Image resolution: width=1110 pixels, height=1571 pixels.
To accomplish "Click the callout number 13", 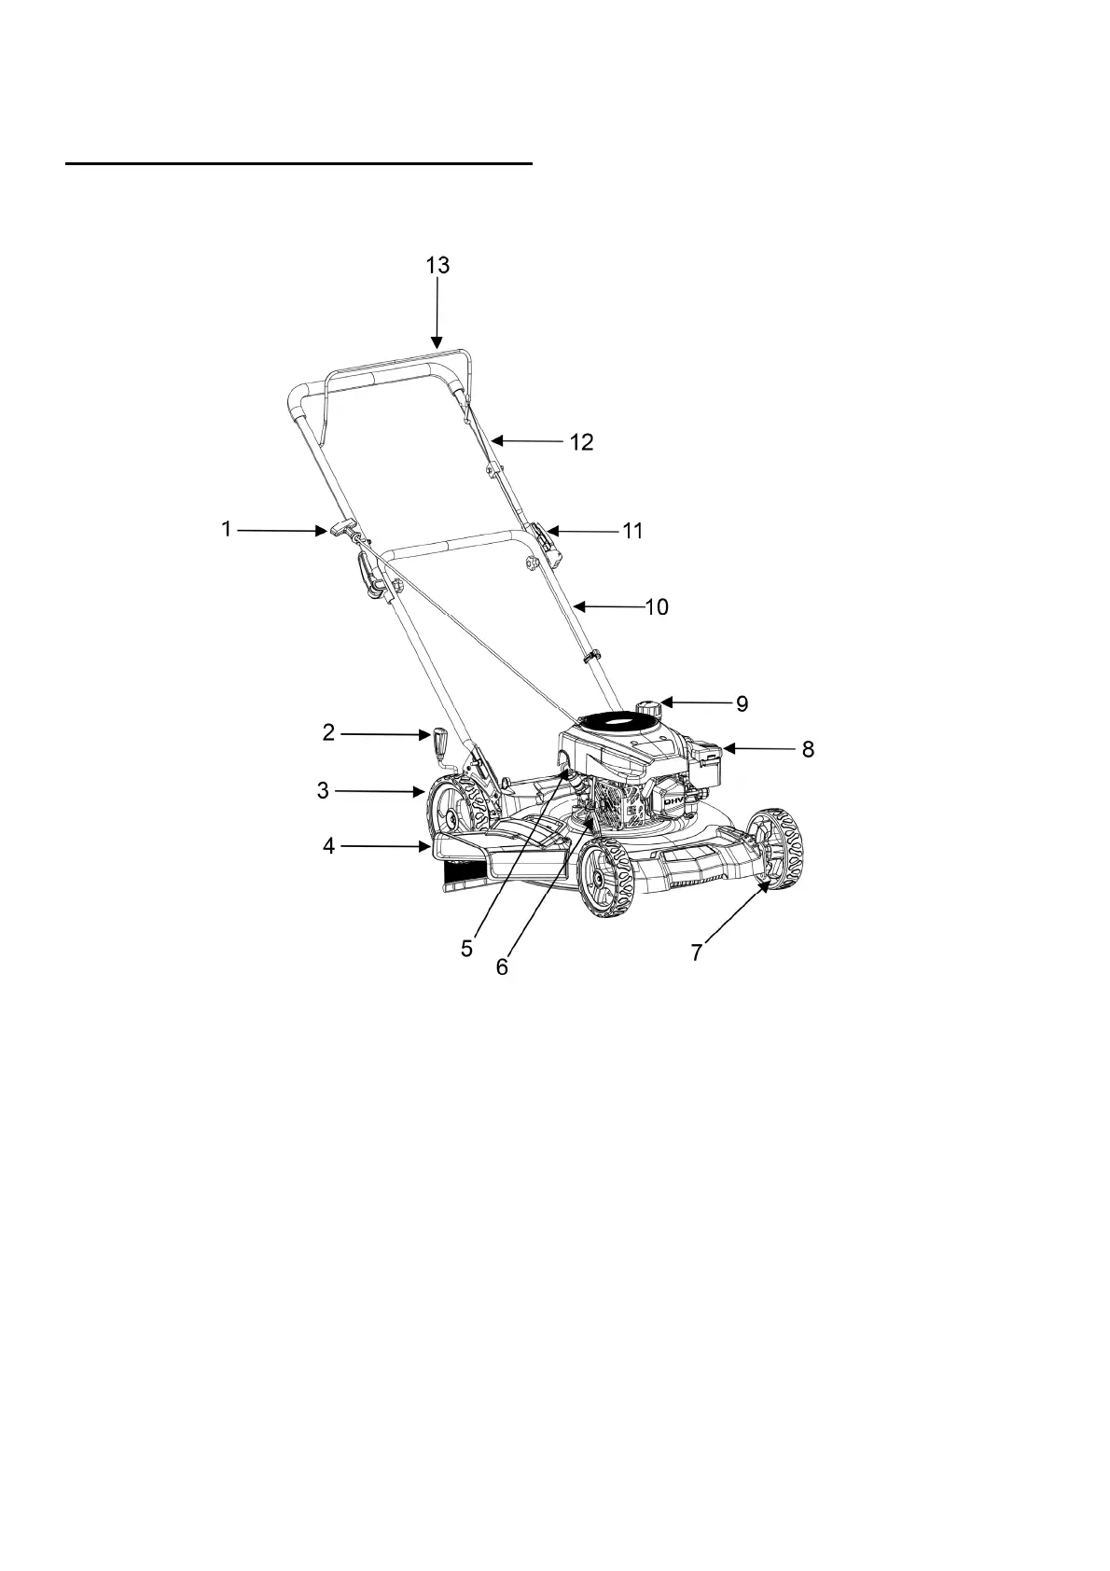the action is point(437,265).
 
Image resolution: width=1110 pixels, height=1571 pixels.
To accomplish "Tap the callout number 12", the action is point(581,442).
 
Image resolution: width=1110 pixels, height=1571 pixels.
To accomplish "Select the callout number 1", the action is point(226,530).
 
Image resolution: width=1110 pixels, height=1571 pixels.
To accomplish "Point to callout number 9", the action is point(742,703).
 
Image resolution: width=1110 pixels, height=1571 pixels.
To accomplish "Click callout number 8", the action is point(808,749).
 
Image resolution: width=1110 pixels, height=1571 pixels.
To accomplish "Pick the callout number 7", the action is point(696,952).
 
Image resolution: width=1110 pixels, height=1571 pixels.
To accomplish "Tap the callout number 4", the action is point(328,847).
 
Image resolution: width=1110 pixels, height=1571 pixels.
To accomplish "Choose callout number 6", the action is point(502,967).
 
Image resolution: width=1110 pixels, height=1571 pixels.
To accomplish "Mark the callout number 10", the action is point(657,607).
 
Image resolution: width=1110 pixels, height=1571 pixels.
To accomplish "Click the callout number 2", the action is point(328,733).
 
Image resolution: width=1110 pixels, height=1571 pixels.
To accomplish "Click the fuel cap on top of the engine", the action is point(645,708).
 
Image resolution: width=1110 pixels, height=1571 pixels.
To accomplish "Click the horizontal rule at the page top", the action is point(298,163).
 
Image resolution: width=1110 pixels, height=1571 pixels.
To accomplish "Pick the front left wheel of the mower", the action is point(604,877).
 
